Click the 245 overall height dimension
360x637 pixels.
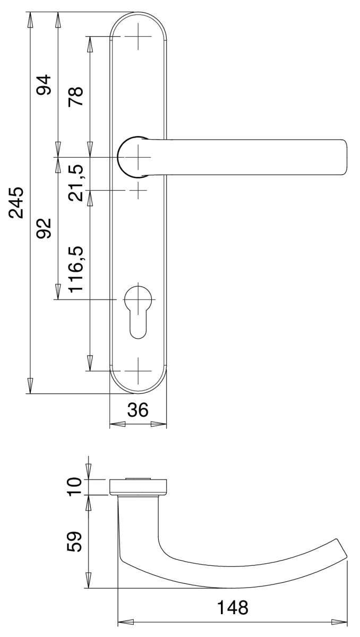pyautogui.click(x=16, y=202)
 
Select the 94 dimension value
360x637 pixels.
pyautogui.click(x=44, y=85)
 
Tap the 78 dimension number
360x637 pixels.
pyautogui.click(x=75, y=96)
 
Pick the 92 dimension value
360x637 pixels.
pyautogui.click(x=44, y=228)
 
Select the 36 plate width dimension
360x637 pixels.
pyautogui.click(x=138, y=410)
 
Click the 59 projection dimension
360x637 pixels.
pyautogui.click(x=74, y=541)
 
